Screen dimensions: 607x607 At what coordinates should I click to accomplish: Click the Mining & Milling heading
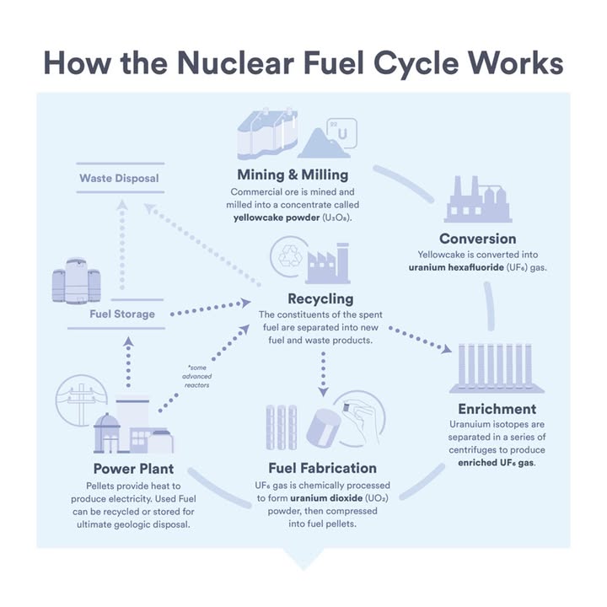tap(293, 175)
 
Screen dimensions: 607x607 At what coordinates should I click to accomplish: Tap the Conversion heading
tap(478, 239)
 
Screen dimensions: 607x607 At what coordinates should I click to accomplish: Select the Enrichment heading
tap(497, 409)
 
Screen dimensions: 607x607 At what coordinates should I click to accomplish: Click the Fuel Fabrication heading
tap(322, 468)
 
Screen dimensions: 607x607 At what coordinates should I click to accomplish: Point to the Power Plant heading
tap(133, 469)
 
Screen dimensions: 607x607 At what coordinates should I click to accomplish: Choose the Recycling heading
tap(320, 298)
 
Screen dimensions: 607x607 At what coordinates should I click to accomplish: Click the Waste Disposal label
tap(119, 178)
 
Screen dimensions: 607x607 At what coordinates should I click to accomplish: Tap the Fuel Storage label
tap(122, 314)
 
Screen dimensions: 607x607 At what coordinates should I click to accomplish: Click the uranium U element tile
tap(342, 133)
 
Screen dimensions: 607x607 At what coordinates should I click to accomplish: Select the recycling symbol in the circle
tap(290, 256)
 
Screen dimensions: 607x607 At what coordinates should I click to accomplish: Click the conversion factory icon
tap(478, 199)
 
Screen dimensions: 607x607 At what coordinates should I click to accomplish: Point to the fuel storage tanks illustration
tap(76, 281)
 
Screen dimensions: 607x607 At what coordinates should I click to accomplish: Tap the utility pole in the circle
tap(81, 403)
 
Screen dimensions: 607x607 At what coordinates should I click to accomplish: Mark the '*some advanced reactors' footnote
tap(196, 376)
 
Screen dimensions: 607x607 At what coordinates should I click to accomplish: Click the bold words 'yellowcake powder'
tap(277, 218)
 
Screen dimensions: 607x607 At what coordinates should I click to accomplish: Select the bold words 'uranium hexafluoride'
tap(456, 267)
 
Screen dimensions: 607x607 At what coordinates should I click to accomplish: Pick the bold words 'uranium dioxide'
tap(326, 498)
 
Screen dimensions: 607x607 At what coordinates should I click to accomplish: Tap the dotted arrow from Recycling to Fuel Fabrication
tap(323, 374)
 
